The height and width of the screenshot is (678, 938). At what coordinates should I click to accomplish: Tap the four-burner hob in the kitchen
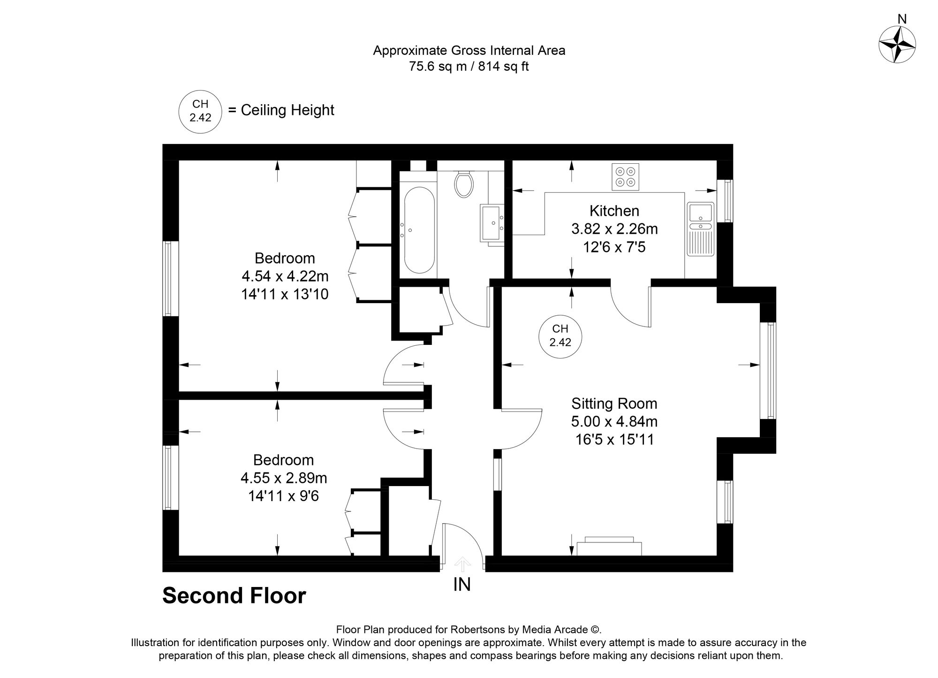click(625, 177)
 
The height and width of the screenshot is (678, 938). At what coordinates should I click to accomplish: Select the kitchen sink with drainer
click(700, 229)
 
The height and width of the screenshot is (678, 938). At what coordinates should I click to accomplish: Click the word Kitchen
click(614, 211)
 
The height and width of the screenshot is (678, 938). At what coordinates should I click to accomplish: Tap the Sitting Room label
click(614, 404)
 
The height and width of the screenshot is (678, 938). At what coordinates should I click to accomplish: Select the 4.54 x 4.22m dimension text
click(285, 276)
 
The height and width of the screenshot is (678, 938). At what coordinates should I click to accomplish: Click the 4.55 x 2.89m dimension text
click(284, 478)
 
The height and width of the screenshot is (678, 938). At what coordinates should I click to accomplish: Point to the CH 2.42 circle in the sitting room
click(560, 337)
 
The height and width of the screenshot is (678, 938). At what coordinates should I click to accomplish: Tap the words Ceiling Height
click(287, 110)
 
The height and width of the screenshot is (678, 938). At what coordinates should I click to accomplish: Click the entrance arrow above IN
click(463, 564)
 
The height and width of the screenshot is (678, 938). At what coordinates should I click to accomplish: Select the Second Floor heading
click(234, 595)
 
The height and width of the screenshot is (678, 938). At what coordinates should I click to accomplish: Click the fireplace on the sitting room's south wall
click(609, 546)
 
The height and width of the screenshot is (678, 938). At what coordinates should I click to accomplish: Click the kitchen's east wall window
click(727, 201)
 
